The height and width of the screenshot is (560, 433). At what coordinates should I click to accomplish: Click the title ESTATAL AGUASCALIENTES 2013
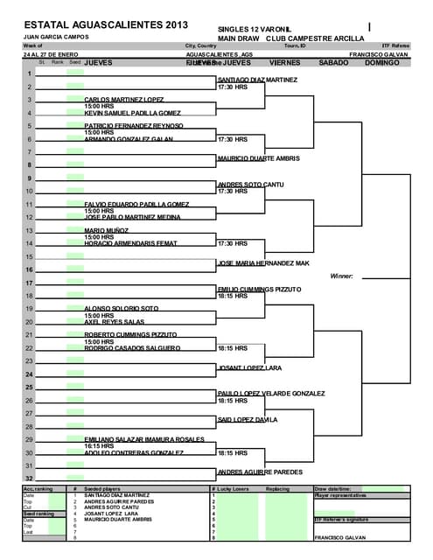tap(106, 24)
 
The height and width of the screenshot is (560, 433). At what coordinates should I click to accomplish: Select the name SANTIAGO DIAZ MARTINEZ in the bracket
tap(257, 80)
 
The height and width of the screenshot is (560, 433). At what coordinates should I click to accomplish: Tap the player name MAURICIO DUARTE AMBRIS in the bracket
tap(258, 158)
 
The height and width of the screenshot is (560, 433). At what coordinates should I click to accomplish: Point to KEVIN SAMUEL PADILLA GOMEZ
tap(133, 113)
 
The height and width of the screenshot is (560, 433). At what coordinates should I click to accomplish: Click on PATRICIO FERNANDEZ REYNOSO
tap(134, 126)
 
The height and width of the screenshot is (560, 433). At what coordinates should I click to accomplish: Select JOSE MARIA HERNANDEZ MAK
tap(263, 262)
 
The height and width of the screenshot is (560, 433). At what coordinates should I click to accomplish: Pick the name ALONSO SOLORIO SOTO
tap(122, 308)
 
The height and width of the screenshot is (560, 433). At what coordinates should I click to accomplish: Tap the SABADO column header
tap(333, 63)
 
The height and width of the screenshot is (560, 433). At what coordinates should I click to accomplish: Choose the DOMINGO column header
tap(382, 63)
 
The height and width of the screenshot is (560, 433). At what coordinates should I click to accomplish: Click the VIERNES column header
tap(285, 63)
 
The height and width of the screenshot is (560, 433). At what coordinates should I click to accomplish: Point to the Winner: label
tap(341, 276)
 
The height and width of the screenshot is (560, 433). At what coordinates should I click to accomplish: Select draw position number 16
tap(29, 269)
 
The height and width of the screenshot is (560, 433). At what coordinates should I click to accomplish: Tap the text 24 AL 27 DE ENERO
tap(48, 54)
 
